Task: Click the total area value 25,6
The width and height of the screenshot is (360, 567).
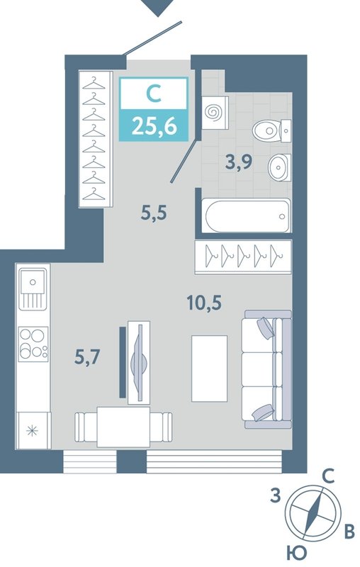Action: coord(154,126)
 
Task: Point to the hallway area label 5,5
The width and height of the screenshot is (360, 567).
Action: coord(154,213)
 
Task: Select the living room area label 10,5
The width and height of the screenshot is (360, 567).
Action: coord(204,303)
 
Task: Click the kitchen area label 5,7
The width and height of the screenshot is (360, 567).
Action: coord(87,357)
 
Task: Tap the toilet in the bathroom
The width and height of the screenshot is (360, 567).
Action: coord(272,130)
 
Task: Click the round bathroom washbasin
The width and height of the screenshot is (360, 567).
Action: coord(279,167)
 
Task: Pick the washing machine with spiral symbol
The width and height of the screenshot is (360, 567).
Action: coord(215,113)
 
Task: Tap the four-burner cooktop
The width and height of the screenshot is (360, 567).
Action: coord(33,344)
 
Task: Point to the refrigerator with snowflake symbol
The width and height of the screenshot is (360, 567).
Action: coord(33,430)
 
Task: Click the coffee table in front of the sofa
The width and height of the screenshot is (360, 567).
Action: coord(209,368)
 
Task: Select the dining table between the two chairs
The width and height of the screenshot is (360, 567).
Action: coord(123,427)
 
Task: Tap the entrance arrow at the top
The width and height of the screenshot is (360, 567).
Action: coord(157,7)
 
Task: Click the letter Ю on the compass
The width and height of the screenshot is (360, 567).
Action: coord(297,553)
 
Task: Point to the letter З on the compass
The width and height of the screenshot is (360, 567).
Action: coord(276,495)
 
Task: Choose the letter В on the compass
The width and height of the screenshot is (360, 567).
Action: coord(349,532)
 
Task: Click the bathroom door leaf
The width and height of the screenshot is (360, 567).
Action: coord(185,160)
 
